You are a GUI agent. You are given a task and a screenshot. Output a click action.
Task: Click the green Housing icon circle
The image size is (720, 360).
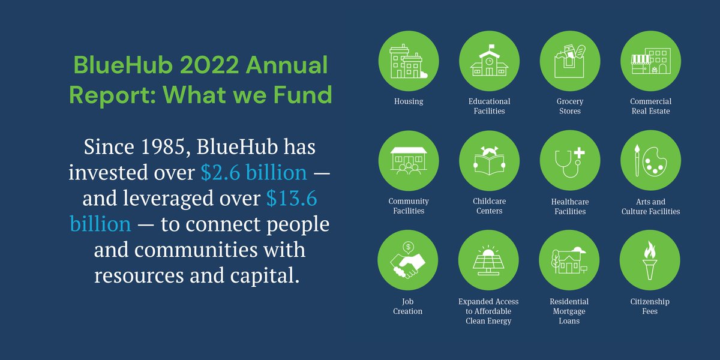(x=407, y=61)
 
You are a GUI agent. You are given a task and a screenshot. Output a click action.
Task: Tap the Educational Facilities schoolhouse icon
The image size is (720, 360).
(x=489, y=61)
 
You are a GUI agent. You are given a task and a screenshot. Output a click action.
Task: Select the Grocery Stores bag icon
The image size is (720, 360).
(x=569, y=61)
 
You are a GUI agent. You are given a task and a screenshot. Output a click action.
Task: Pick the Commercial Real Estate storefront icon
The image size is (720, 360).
(x=650, y=61)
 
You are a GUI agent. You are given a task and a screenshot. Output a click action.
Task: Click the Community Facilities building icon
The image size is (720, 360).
(x=407, y=161)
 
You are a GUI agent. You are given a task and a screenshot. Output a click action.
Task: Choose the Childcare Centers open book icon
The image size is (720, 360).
(x=489, y=161)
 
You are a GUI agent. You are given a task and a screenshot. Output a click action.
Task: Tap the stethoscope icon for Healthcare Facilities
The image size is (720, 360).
(x=569, y=161)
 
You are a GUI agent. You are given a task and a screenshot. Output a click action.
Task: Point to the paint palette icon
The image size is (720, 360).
(x=650, y=161)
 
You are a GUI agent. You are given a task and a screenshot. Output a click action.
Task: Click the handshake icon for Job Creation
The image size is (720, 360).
(x=407, y=261)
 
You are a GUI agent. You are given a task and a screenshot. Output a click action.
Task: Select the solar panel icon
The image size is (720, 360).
(x=489, y=261)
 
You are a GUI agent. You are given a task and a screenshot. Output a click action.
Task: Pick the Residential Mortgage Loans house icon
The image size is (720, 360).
(x=569, y=261)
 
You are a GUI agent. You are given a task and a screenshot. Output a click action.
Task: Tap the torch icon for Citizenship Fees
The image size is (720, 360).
(x=650, y=261)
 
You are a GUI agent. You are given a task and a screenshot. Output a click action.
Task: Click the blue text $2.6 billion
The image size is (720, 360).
(x=254, y=173)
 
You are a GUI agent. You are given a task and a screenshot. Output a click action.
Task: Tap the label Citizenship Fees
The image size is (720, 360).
(x=650, y=306)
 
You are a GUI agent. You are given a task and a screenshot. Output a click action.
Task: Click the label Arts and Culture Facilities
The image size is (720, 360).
(x=650, y=206)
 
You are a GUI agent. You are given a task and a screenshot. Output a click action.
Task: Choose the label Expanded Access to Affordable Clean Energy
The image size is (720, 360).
(x=488, y=311)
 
